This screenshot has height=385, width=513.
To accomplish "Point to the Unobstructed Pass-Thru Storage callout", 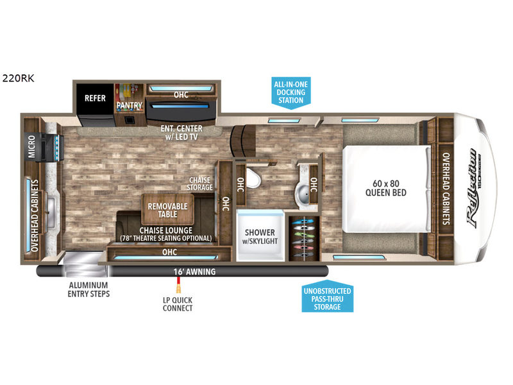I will [326, 298].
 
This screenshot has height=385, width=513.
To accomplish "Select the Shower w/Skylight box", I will [259, 235].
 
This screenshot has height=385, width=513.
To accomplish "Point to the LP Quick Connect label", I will [178, 303].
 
